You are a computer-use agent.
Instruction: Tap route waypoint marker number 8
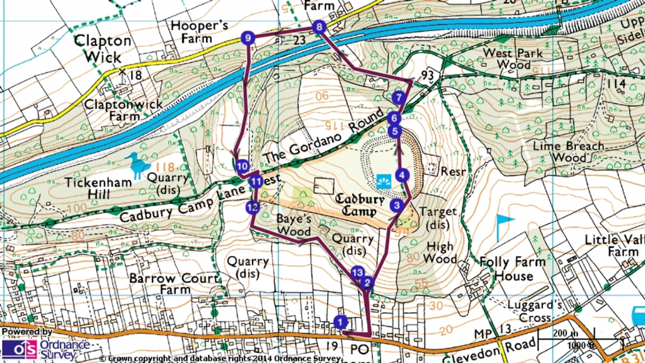[319, 27]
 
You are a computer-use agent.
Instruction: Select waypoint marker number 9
[248, 38]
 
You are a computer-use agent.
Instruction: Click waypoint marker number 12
[253, 207]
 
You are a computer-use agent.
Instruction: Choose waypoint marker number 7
[397, 98]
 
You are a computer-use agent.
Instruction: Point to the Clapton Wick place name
[103, 49]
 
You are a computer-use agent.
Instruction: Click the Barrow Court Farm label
[174, 284]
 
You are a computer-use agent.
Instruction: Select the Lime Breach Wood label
[568, 151]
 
